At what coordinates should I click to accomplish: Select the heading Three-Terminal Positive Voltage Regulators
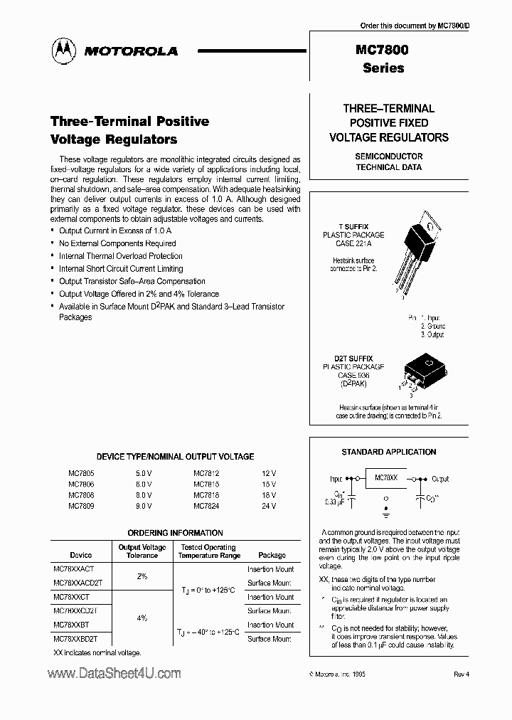130,130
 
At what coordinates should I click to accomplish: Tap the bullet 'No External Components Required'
117,243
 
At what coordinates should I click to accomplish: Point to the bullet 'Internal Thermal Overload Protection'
120,256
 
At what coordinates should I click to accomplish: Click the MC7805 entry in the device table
81,472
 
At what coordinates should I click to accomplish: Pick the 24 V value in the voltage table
269,506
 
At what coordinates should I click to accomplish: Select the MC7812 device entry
208,472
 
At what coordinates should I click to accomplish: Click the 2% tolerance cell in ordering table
142,576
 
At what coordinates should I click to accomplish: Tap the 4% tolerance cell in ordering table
142,618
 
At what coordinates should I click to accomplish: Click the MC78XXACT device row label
78,570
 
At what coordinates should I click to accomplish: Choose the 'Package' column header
272,555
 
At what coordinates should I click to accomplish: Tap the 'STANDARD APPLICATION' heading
389,452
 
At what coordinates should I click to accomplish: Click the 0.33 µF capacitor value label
335,502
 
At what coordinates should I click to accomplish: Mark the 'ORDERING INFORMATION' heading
175,533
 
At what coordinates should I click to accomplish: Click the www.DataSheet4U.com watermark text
114,672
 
